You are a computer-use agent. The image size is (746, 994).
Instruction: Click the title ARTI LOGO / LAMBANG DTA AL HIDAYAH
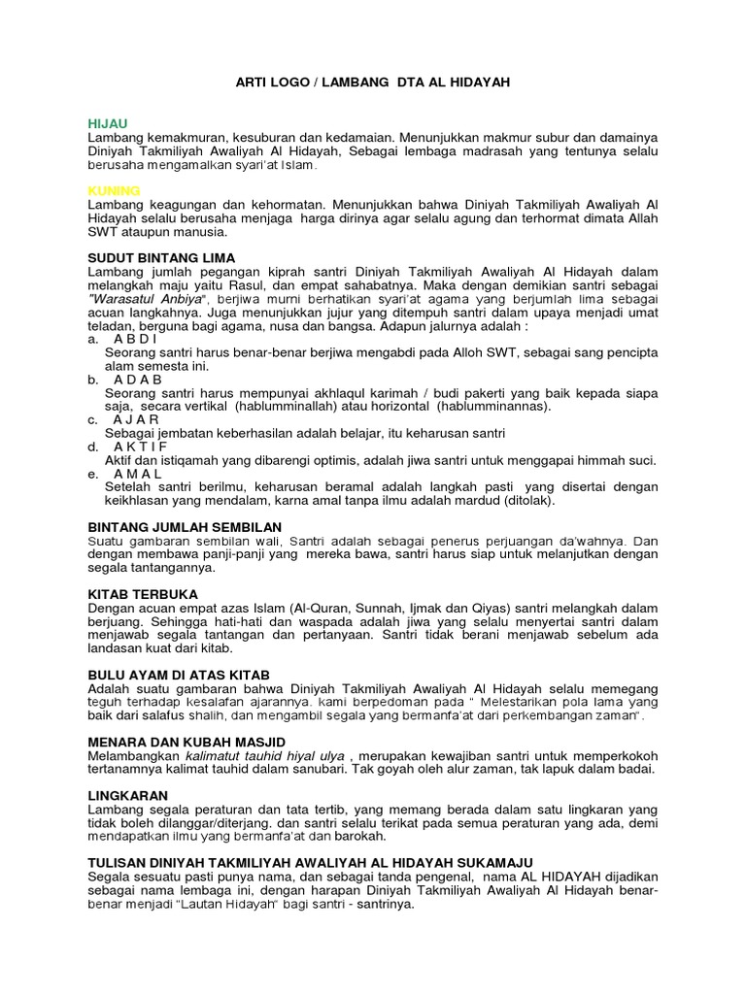372,83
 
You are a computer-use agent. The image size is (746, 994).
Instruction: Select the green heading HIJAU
107,125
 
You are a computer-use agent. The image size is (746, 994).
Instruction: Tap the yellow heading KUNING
114,191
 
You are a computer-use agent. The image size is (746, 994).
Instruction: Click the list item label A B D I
135,340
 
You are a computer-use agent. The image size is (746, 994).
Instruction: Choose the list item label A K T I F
142,446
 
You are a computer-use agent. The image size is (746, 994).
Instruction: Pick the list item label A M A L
138,473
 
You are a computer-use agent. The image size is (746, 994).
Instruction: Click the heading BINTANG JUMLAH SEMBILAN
185,526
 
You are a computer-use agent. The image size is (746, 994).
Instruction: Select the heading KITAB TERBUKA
143,593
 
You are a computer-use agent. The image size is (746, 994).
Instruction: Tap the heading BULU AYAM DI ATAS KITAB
179,674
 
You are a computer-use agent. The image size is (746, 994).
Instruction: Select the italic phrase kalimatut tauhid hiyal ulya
259,755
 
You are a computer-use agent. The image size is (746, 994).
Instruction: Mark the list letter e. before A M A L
92,473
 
